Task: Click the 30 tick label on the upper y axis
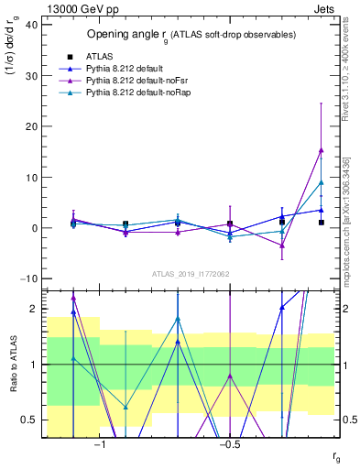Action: click(30, 76)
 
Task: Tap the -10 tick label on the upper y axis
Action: click(27, 278)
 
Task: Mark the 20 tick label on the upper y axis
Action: click(30, 126)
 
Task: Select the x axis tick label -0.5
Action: click(229, 444)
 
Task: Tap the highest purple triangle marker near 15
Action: click(321, 150)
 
